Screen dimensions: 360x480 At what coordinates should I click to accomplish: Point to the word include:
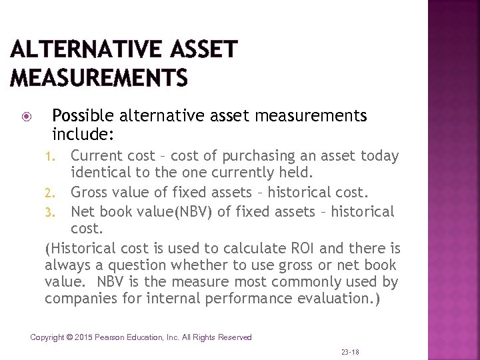(84, 134)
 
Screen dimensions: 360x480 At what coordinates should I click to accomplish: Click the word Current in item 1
(97, 156)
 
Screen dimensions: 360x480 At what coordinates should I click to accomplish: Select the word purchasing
(251, 157)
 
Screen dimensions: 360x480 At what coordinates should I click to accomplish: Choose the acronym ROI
(305, 249)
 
